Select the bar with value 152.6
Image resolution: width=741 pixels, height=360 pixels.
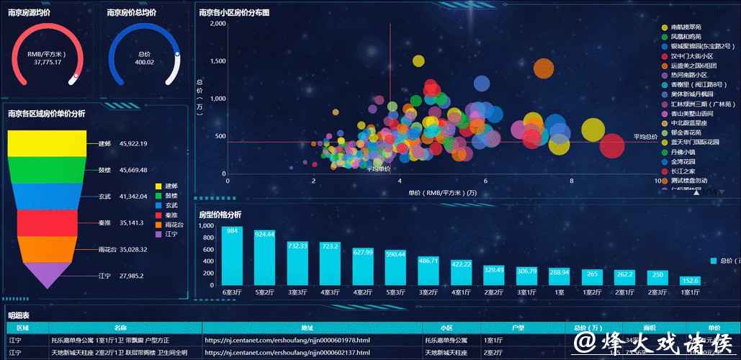tap(690, 281)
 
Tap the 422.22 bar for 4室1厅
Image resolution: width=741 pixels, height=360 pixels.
tap(461, 272)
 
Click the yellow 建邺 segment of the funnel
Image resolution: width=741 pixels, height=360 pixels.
tap(47, 143)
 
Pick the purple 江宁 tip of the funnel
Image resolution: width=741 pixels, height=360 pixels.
tap(46, 274)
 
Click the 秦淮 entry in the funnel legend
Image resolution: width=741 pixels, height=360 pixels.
tap(171, 215)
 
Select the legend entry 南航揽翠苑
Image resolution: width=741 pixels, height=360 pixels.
tap(686, 27)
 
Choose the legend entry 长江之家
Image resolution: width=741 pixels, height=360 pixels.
tap(683, 171)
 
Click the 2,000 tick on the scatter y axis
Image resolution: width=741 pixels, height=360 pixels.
tap(217, 23)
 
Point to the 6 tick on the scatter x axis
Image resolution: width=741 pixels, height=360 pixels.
tap(485, 181)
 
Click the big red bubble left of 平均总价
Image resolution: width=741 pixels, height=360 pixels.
tap(612, 145)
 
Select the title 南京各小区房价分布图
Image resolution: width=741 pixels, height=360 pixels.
tap(234, 12)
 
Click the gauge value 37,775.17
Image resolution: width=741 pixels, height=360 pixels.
tap(48, 63)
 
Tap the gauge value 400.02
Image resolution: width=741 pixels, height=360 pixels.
tap(144, 63)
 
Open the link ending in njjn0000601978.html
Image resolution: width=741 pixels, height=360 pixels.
tap(287, 340)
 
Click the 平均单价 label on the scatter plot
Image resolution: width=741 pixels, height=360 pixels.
tap(379, 168)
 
